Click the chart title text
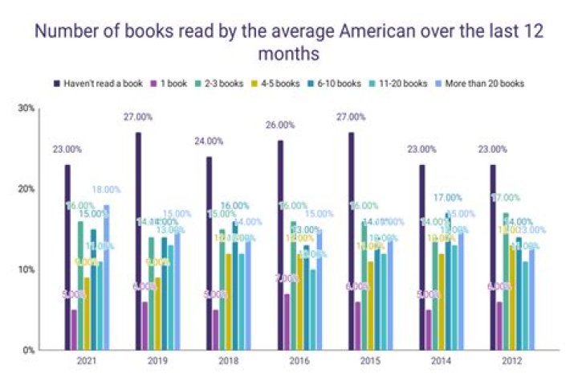[x=288, y=44]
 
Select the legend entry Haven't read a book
[x=93, y=83]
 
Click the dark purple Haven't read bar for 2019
[x=138, y=241]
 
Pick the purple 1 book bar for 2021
[x=75, y=330]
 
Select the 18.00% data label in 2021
[x=107, y=189]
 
